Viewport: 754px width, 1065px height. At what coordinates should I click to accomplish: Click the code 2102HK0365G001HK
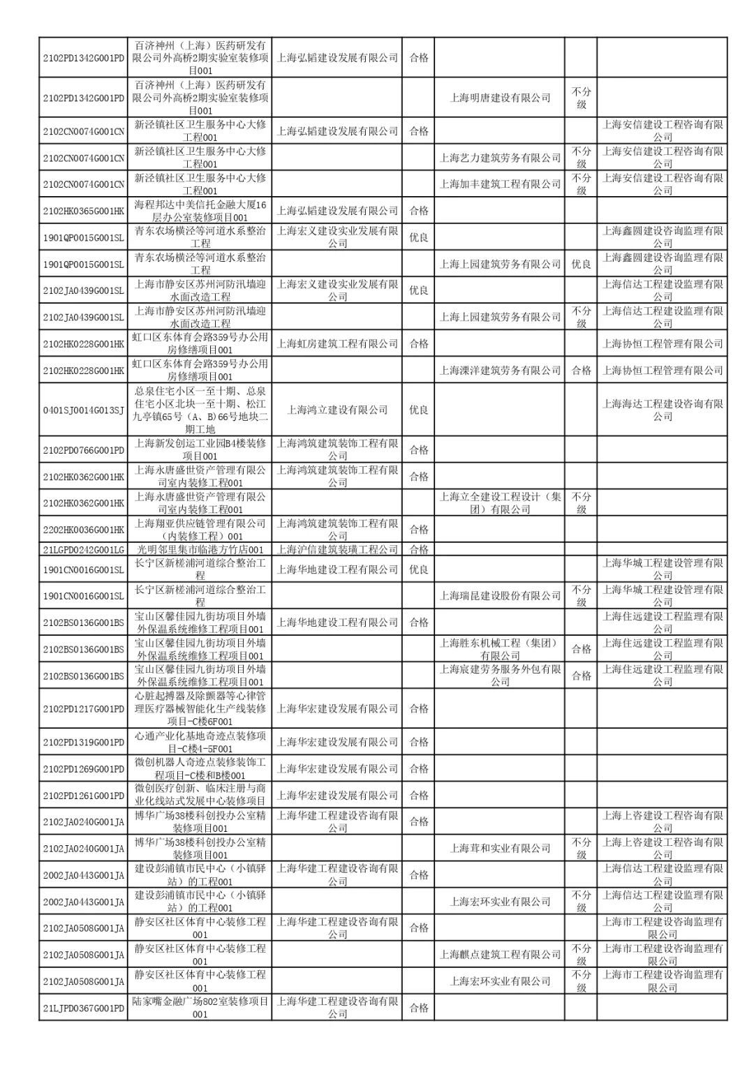coord(84,211)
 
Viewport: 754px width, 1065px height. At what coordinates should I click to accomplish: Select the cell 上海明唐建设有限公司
coord(500,98)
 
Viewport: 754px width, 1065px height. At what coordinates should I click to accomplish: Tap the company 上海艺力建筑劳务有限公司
coord(500,158)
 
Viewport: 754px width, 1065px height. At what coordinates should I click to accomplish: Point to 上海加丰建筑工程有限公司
coord(500,184)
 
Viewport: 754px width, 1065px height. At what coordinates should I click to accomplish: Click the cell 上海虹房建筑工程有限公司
coord(337,343)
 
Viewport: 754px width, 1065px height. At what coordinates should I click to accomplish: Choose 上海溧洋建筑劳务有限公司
coord(500,370)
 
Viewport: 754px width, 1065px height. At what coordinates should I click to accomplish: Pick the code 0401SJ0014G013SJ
coord(84,410)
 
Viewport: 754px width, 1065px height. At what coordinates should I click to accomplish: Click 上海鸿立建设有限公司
coord(337,410)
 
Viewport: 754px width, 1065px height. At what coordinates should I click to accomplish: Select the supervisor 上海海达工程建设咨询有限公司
coord(663,410)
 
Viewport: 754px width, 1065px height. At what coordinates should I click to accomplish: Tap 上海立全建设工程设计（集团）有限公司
coord(500,503)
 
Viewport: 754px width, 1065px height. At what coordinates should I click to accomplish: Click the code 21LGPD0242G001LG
coord(84,550)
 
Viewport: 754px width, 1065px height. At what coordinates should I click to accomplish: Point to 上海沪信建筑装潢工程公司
coord(337,550)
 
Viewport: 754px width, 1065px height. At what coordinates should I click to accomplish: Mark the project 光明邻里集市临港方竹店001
coord(200,550)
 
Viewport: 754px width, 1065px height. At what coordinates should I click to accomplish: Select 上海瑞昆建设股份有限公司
coord(500,596)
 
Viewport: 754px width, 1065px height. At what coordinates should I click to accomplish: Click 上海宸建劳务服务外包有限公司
coord(500,676)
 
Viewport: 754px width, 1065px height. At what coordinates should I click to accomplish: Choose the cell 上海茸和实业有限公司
coord(500,849)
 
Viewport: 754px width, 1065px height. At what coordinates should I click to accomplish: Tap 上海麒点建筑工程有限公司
coord(500,955)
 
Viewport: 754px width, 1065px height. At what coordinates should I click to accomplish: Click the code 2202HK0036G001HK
coord(84,530)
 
